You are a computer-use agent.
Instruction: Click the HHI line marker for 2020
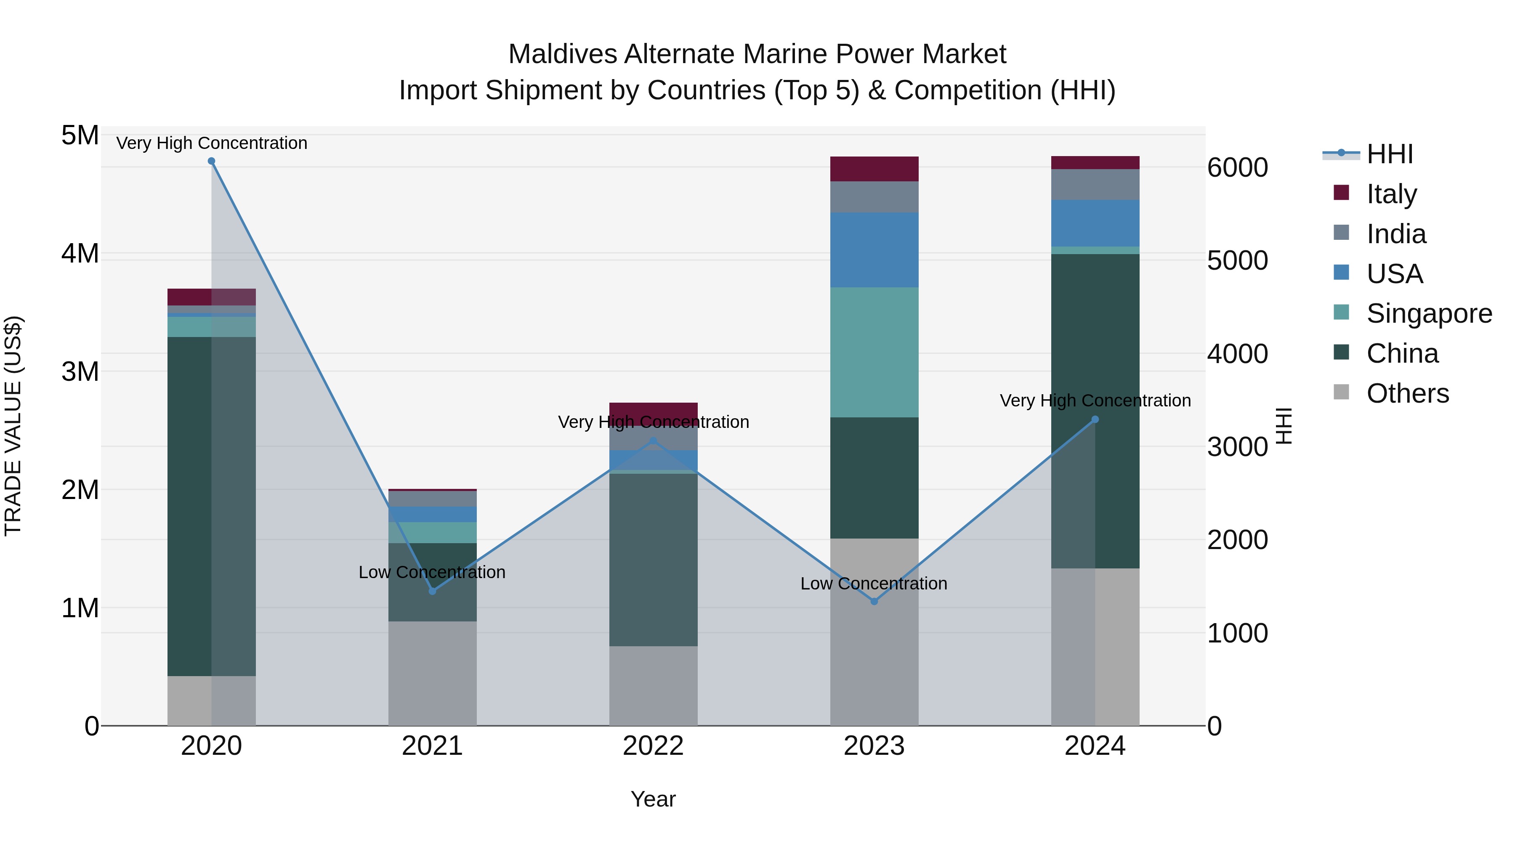click(212, 161)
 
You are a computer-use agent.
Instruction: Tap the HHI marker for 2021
click(432, 591)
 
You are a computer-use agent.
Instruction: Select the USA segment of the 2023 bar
click(874, 250)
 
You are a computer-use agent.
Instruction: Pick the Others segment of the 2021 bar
click(432, 673)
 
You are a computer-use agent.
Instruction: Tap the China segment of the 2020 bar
click(189, 506)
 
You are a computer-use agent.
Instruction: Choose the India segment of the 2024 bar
click(1095, 185)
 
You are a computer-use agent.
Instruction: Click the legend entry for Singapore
click(1429, 313)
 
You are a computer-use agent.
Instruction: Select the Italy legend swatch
click(1342, 193)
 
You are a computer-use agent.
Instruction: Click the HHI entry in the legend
click(1389, 154)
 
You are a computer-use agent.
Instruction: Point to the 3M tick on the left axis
click(80, 372)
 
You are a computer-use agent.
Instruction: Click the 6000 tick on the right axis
click(1237, 167)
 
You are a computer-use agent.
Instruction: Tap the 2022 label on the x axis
click(653, 746)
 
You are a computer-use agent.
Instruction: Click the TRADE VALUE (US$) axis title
click(13, 426)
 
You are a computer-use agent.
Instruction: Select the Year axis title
click(653, 799)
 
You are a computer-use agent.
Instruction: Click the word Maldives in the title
click(562, 54)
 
